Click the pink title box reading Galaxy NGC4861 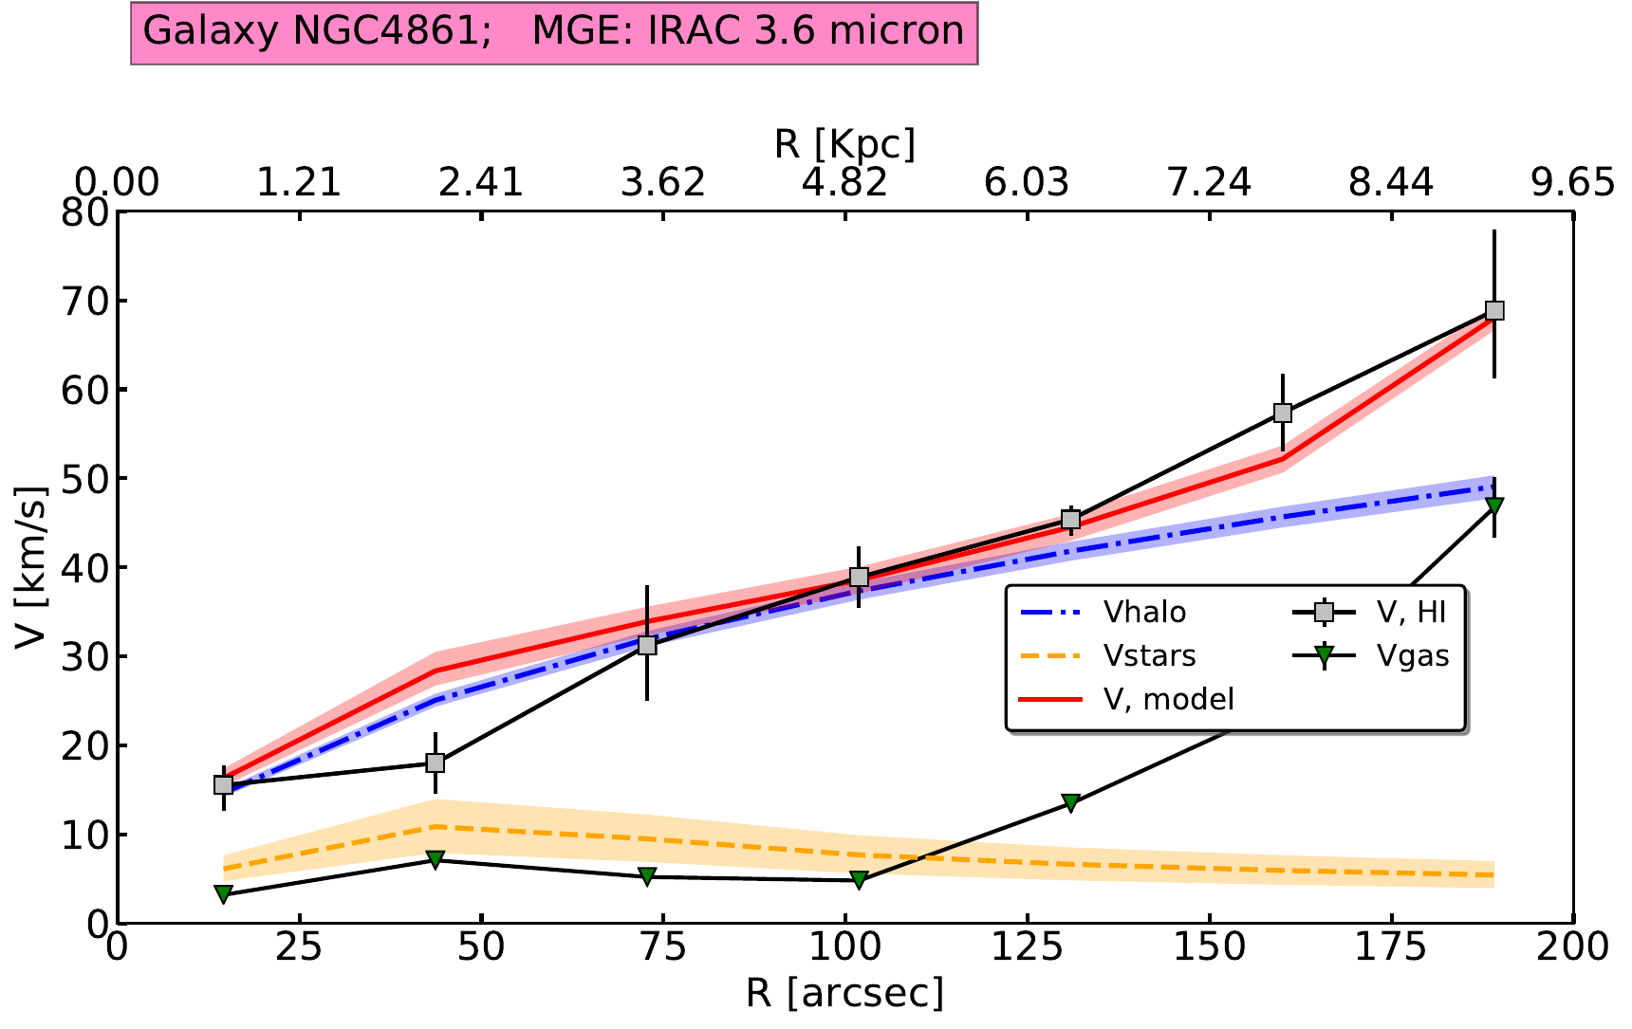[x=553, y=31]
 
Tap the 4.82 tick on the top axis [x=844, y=182]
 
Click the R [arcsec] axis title [x=844, y=994]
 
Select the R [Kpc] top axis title [x=844, y=144]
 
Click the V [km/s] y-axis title [x=32, y=567]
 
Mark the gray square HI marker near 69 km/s [x=1494, y=311]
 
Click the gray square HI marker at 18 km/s [x=436, y=763]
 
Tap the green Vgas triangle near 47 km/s [x=1494, y=505]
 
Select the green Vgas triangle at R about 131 [x=1070, y=803]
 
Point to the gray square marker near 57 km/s [x=1283, y=413]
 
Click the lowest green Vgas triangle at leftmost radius [x=223, y=893]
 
